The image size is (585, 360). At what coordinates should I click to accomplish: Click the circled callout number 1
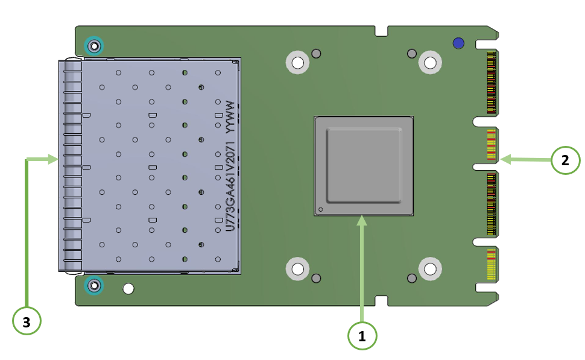pyautogui.click(x=362, y=336)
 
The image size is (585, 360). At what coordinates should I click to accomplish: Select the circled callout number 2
pyautogui.click(x=565, y=160)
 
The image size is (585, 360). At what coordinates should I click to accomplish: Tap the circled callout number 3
pyautogui.click(x=27, y=321)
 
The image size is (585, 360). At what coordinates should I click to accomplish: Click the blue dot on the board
pyautogui.click(x=458, y=43)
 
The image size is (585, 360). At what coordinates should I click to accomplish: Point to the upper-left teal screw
pyautogui.click(x=94, y=46)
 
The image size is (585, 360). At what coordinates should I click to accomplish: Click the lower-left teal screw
pyautogui.click(x=94, y=286)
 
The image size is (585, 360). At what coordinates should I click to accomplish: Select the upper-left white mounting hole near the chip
pyautogui.click(x=297, y=62)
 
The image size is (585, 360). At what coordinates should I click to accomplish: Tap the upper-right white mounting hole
pyautogui.click(x=430, y=62)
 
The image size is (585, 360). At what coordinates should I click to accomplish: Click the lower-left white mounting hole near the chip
pyautogui.click(x=297, y=268)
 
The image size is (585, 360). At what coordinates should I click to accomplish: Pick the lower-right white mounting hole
pyautogui.click(x=430, y=268)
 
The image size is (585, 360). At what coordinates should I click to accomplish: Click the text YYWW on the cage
pyautogui.click(x=230, y=117)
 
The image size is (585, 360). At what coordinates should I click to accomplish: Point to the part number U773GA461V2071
pyautogui.click(x=230, y=186)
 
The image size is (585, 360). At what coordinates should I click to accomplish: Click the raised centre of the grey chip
pyautogui.click(x=364, y=166)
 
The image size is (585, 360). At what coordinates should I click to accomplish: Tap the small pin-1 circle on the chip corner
pyautogui.click(x=320, y=210)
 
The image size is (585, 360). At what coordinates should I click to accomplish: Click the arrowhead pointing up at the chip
pyautogui.click(x=361, y=221)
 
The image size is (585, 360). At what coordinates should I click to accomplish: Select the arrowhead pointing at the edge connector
pyautogui.click(x=505, y=160)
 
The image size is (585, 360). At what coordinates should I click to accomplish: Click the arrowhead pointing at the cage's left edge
pyautogui.click(x=53, y=159)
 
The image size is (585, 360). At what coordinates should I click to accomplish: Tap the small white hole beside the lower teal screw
pyautogui.click(x=128, y=288)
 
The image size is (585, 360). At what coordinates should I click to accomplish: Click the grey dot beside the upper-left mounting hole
pyautogui.click(x=316, y=54)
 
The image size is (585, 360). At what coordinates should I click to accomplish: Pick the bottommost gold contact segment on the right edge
pyautogui.click(x=491, y=265)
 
